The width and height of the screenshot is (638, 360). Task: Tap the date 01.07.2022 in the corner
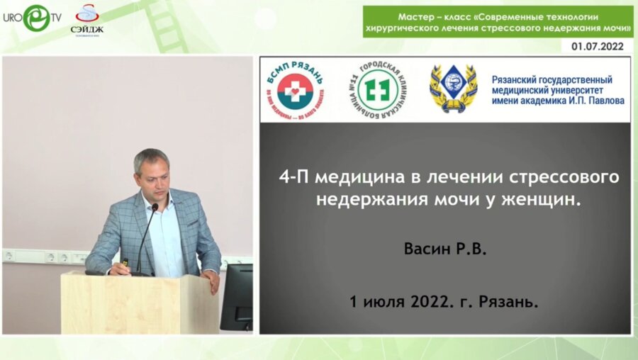pos(602,46)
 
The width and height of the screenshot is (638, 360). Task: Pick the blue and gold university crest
pos(453,89)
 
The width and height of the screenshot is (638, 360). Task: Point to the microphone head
pos(155,208)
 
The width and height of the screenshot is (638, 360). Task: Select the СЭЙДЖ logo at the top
pos(86,21)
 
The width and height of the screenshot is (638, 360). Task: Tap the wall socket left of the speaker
pos(9,256)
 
